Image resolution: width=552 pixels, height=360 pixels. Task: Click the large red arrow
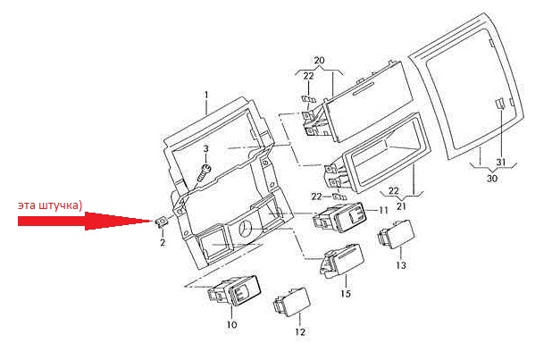(x=85, y=221)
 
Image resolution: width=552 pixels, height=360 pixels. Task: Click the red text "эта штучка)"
(x=50, y=205)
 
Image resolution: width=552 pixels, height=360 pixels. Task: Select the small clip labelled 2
(x=162, y=222)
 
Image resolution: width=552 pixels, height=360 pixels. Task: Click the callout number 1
(x=206, y=95)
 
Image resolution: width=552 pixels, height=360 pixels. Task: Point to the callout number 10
(x=231, y=325)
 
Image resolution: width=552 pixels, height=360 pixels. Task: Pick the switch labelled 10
(x=234, y=290)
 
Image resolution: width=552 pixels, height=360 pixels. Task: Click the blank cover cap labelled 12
(x=292, y=302)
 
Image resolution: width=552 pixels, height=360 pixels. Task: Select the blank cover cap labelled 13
(x=397, y=234)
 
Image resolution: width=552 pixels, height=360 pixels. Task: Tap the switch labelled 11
(x=340, y=217)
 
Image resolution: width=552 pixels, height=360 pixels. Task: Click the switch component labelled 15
(x=341, y=262)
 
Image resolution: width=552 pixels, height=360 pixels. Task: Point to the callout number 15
(x=346, y=293)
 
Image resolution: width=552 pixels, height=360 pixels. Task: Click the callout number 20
(x=319, y=60)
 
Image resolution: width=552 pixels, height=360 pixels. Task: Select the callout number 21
(x=401, y=206)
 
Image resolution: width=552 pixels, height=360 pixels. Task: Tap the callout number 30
(x=492, y=179)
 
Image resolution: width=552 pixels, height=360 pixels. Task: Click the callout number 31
(x=500, y=162)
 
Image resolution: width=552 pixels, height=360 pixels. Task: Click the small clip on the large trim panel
(x=500, y=104)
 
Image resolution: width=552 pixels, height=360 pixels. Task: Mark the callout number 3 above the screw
(x=206, y=148)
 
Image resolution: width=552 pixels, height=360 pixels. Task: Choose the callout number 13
(x=401, y=265)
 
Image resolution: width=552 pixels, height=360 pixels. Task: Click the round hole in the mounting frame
(x=246, y=229)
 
